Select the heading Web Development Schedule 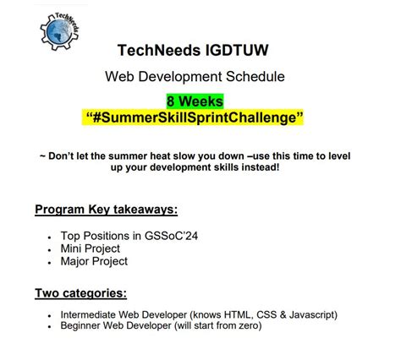(x=195, y=77)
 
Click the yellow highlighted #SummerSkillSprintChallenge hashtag (x=195, y=117)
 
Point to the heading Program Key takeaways (x=106, y=210)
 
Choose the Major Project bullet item (x=95, y=261)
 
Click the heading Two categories (x=81, y=293)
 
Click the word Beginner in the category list (x=83, y=326)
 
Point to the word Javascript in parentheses (x=310, y=314)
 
